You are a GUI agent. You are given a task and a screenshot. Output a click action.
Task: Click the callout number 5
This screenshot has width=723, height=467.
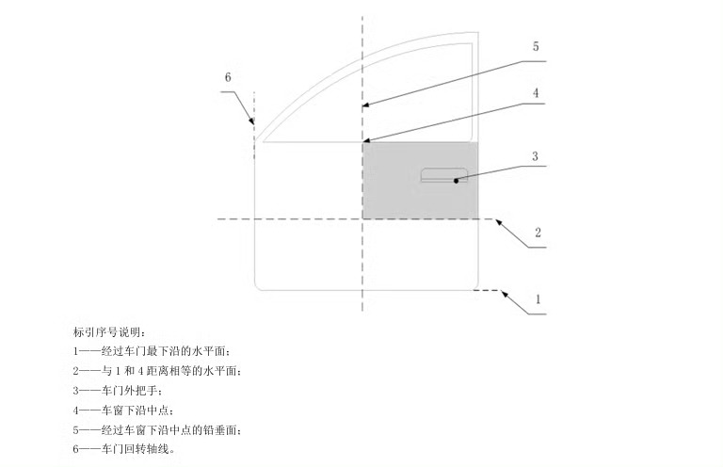pyautogui.click(x=535, y=46)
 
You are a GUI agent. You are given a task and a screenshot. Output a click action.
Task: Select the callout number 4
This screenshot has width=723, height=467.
pyautogui.click(x=535, y=93)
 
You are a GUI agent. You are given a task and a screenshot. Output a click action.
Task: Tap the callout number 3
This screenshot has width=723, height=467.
pyautogui.click(x=535, y=156)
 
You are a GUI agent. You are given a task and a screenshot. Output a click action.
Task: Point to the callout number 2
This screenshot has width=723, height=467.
pyautogui.click(x=538, y=233)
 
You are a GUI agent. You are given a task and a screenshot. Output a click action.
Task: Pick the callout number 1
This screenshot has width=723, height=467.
pyautogui.click(x=538, y=298)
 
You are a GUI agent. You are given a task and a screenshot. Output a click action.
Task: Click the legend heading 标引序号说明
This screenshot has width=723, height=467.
pyautogui.click(x=111, y=331)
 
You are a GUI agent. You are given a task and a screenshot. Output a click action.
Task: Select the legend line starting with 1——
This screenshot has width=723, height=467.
pyautogui.click(x=152, y=351)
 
